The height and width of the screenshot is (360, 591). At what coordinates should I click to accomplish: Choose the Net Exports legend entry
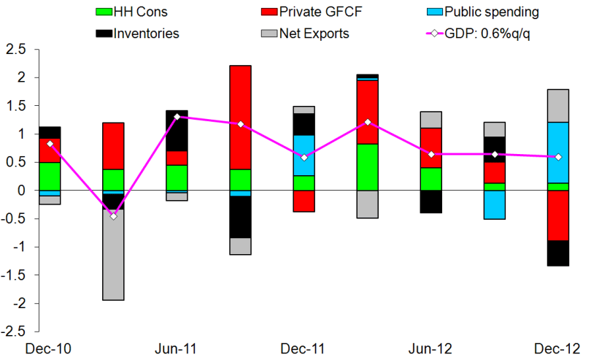pyautogui.click(x=314, y=33)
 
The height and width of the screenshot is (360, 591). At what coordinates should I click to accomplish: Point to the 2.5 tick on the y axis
pyautogui.click(x=15, y=50)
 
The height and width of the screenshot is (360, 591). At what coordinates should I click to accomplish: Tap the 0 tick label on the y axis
pyautogui.click(x=21, y=191)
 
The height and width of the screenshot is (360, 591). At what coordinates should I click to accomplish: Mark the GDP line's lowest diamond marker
pyautogui.click(x=113, y=215)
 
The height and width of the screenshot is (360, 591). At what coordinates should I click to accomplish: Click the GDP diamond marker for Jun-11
pyautogui.click(x=177, y=117)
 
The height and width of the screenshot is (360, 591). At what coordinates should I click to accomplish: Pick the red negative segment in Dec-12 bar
pyautogui.click(x=559, y=215)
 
